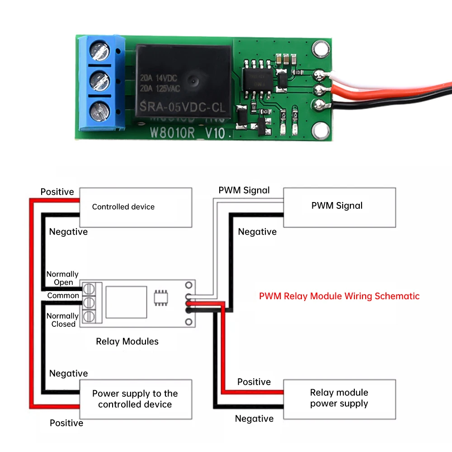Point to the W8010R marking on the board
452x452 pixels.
[169, 134]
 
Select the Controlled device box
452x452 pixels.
[136, 207]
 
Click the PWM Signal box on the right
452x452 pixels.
[339, 207]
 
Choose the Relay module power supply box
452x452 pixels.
[339, 398]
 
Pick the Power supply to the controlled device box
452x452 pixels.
[136, 399]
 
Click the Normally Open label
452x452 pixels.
[62, 278]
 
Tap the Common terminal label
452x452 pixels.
[63, 296]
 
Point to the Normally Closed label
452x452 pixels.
[62, 320]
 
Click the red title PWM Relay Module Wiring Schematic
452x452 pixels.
[339, 297]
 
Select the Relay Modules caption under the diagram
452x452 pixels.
[127, 341]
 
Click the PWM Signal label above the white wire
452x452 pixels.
[244, 190]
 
